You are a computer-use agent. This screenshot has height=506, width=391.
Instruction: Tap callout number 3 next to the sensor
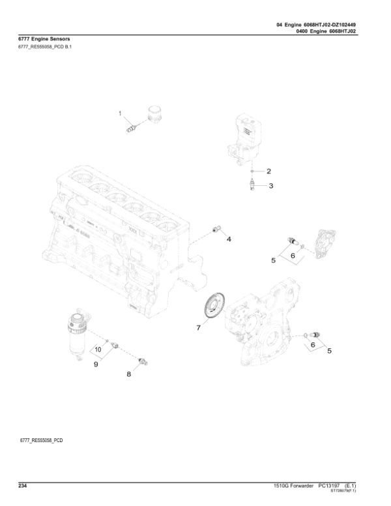tap(270, 186)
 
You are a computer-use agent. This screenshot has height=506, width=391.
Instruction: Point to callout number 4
tap(229, 239)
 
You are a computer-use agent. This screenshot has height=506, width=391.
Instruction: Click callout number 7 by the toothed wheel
tap(199, 328)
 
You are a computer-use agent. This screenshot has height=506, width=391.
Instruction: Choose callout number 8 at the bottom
tap(128, 374)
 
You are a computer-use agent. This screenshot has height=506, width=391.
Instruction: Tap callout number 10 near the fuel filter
tap(98, 350)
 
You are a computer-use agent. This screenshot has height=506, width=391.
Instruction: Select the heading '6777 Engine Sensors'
tap(43, 40)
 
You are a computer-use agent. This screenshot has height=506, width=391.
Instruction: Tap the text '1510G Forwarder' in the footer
tap(293, 486)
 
